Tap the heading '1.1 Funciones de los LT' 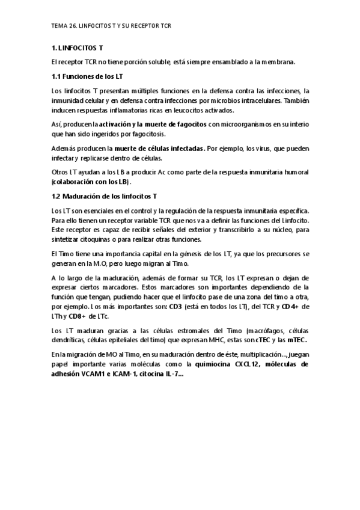click(88, 76)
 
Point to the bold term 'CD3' click(176, 306)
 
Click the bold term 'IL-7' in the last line click(177, 373)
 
